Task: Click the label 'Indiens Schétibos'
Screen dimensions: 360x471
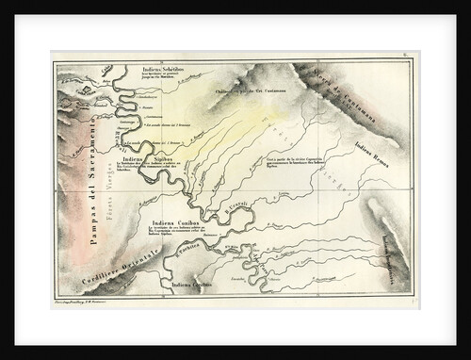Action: (163, 69)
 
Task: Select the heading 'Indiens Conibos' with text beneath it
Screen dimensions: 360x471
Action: (171, 223)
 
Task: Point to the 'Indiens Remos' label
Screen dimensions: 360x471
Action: (375, 147)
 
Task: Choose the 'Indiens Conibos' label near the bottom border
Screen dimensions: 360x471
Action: (192, 284)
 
